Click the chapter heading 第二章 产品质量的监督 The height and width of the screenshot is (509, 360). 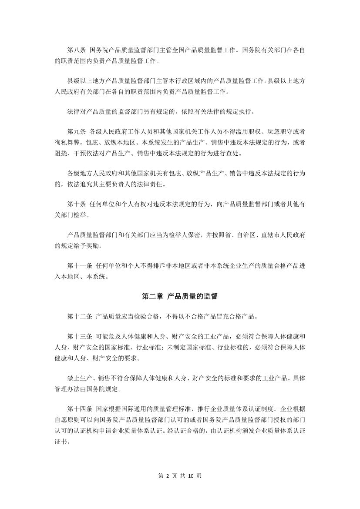180,296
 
